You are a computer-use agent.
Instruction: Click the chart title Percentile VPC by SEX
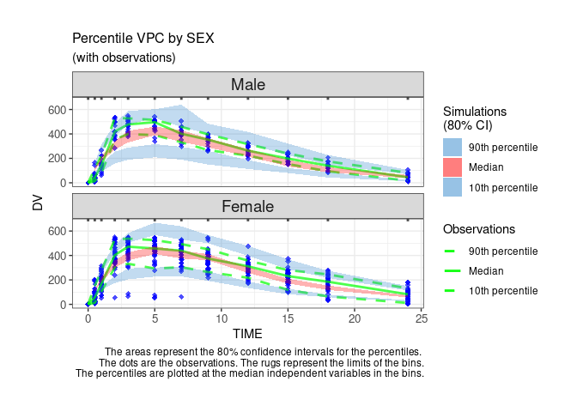coord(143,39)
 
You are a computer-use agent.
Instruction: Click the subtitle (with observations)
coord(124,58)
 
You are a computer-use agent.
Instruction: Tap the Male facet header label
coord(248,85)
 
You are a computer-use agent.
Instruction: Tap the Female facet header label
coord(248,207)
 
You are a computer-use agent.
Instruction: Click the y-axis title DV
coord(37,203)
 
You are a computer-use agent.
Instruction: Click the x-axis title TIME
coord(248,333)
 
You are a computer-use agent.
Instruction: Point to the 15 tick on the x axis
coord(288,318)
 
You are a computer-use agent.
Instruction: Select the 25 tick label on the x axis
coord(421,318)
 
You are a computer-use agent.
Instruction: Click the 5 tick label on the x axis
coord(155,318)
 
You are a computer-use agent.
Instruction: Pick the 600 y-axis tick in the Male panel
coord(58,110)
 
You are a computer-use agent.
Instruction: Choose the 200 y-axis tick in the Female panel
coord(58,280)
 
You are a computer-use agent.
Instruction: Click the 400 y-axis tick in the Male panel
coord(58,134)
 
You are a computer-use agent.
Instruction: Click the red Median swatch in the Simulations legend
coord(452,167)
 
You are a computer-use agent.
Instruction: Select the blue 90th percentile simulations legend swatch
coord(452,148)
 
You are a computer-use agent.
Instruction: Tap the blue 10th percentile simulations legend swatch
coord(452,187)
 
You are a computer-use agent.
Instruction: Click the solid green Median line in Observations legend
coord(452,271)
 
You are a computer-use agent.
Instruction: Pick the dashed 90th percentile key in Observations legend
coord(452,251)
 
